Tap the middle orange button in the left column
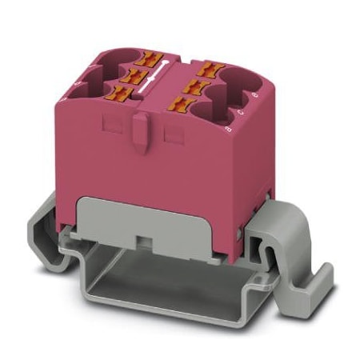tap(127, 77)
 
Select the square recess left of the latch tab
tap(111, 127)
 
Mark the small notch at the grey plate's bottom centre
tap(143, 240)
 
